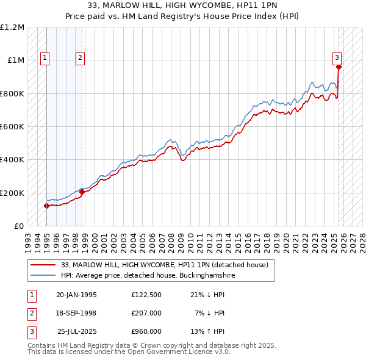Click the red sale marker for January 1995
[x=46, y=206]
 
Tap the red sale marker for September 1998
[x=82, y=192]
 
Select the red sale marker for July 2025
[x=339, y=67]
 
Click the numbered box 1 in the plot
[x=45, y=58]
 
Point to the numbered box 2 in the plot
[x=80, y=58]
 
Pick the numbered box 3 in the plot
[x=337, y=58]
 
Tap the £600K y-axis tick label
[x=12, y=127]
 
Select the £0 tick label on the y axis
[x=20, y=226]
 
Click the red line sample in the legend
[x=42, y=265]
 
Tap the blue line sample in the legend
[x=42, y=276]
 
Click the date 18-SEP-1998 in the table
[x=76, y=314]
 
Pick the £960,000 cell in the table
[x=146, y=331]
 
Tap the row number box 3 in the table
[x=32, y=331]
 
